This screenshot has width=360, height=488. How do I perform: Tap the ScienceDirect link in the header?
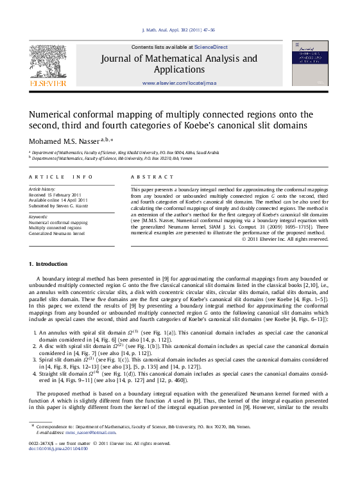[212, 47]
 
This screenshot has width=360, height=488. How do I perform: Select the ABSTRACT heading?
[152, 177]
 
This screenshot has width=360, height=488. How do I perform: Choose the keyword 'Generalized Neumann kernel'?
[56, 233]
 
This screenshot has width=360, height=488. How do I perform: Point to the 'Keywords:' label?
[39, 217]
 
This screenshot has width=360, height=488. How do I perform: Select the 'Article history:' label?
[42, 189]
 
